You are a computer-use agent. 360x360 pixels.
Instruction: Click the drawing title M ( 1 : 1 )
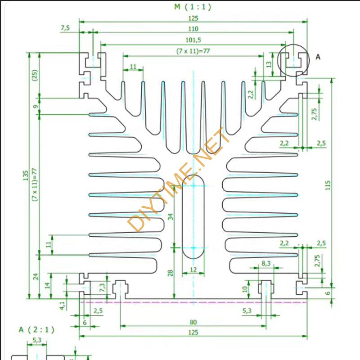point(192,7)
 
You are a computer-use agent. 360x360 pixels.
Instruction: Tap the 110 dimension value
point(193,28)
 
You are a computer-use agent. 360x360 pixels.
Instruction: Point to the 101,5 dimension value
point(193,40)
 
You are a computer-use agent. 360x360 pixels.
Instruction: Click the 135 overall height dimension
point(26,175)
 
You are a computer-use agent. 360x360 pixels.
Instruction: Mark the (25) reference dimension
point(35,74)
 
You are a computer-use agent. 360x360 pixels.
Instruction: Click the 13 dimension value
point(269,64)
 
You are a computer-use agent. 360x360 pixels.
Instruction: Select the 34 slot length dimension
point(170,216)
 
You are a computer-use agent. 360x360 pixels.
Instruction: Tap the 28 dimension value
point(170,273)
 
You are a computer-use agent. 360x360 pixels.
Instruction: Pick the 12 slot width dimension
point(193,270)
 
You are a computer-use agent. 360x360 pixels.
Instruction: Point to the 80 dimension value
point(193,322)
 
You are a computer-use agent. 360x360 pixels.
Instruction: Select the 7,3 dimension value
point(103,287)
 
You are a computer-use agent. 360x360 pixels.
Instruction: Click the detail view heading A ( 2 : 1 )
point(36,330)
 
